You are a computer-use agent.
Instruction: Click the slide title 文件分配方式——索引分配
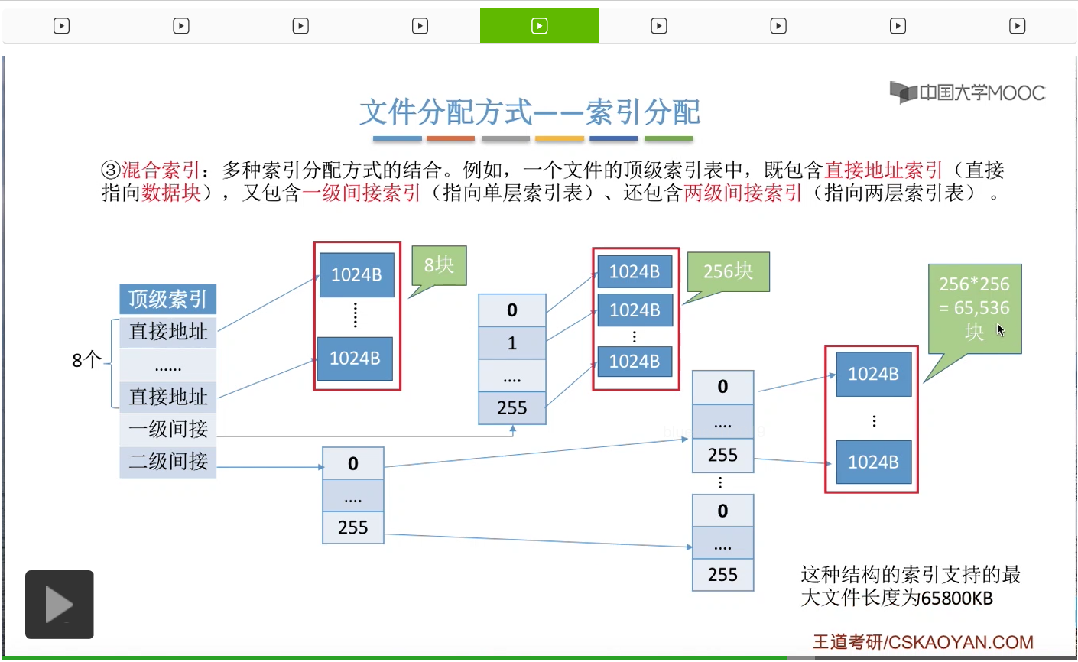[530, 112]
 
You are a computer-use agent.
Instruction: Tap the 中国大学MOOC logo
[967, 92]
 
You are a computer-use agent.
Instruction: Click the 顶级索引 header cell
[167, 299]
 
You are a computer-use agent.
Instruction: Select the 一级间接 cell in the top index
[167, 429]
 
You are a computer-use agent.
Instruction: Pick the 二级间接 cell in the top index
[167, 461]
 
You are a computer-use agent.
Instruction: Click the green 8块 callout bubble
[439, 265]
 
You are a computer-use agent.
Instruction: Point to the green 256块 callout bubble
[728, 271]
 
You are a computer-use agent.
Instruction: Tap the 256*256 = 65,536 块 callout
[975, 307]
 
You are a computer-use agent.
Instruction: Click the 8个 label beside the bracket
[86, 360]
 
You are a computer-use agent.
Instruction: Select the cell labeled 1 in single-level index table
[512, 343]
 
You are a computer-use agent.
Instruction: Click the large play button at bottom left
[60, 605]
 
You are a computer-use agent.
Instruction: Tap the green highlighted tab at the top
[540, 26]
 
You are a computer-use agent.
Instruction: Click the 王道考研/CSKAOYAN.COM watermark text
[923, 642]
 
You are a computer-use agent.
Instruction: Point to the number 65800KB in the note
[956, 598]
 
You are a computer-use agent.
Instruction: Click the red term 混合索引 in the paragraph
[161, 170]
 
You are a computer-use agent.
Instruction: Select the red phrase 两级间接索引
[742, 193]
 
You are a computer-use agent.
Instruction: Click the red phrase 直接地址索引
[883, 170]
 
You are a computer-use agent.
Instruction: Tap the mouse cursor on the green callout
[1000, 329]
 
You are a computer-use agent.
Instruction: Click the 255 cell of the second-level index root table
[353, 527]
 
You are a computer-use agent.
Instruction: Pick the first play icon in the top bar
[62, 26]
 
